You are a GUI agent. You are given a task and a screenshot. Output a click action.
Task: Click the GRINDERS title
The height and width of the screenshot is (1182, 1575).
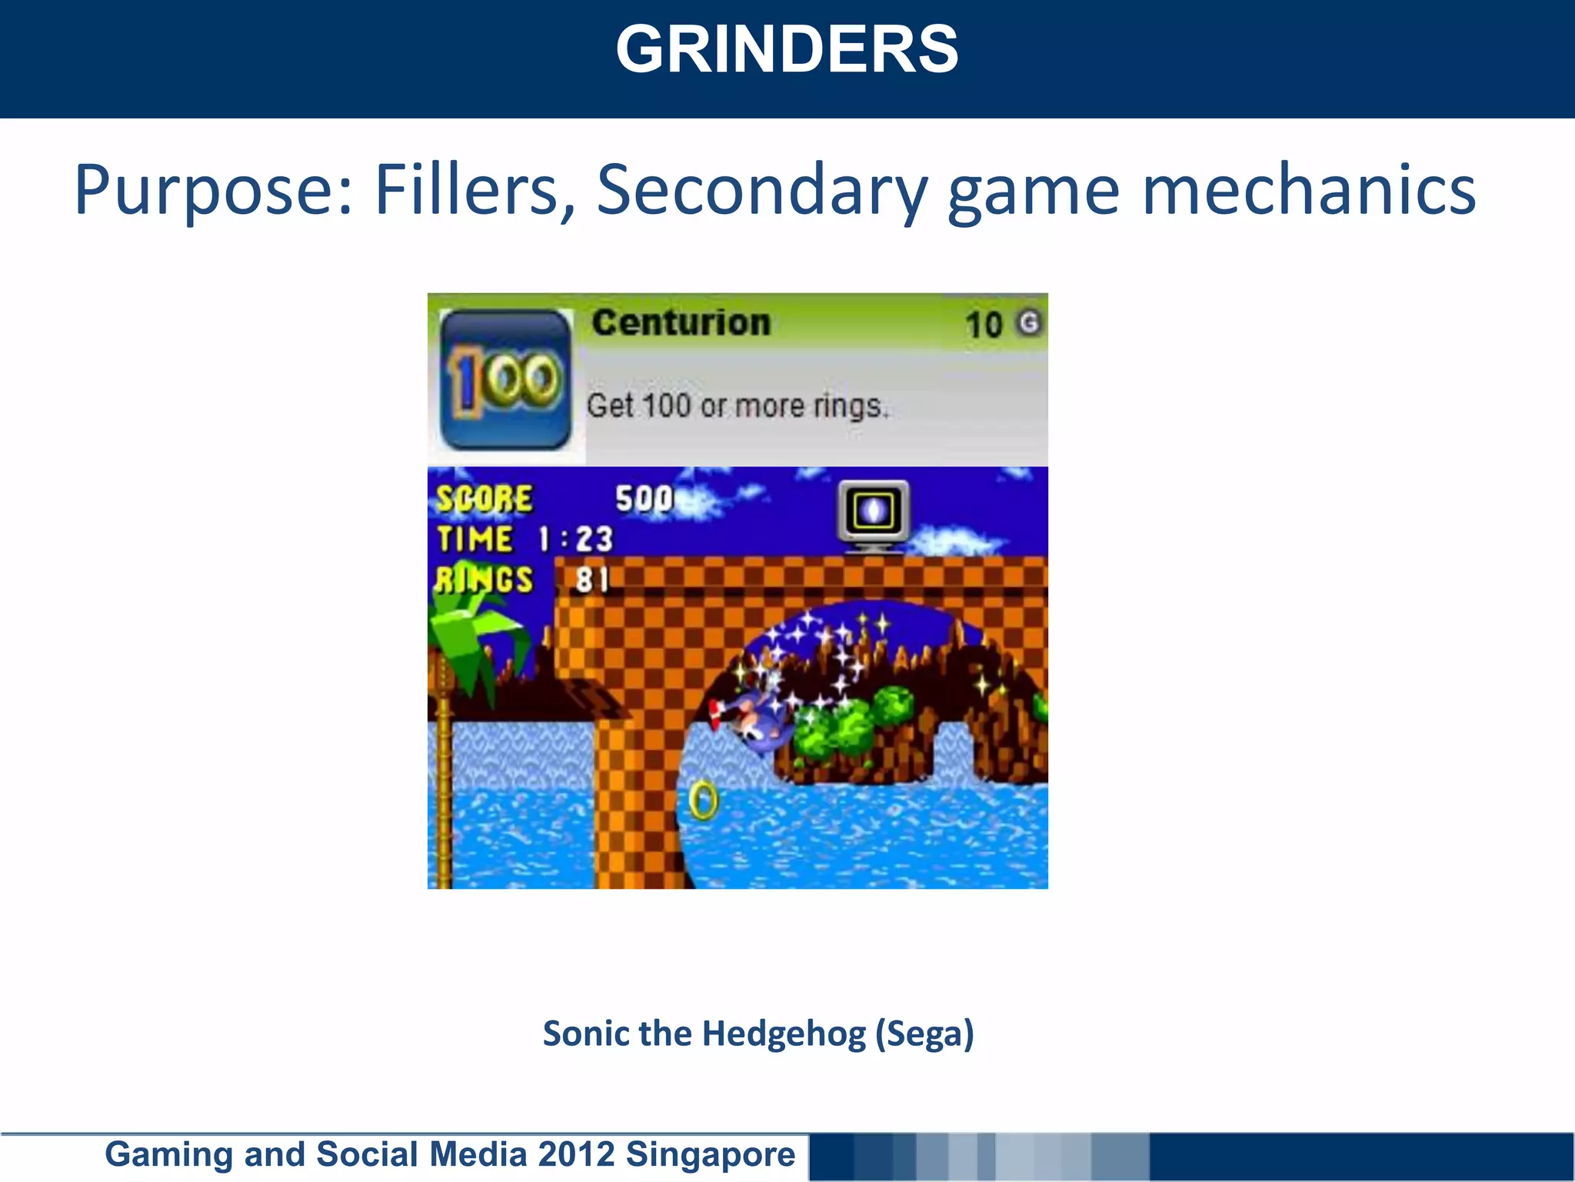(x=787, y=50)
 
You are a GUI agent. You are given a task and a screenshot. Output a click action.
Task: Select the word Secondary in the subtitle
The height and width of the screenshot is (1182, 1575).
(x=761, y=190)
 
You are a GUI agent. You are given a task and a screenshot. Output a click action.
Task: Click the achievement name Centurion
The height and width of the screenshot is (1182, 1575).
(x=681, y=322)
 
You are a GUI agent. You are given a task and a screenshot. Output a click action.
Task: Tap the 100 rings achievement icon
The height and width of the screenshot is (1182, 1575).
(x=505, y=379)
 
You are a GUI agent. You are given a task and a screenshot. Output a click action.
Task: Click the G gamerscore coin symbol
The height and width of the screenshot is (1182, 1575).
(x=1028, y=322)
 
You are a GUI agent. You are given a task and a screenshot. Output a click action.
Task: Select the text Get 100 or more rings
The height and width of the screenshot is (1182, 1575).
(x=737, y=406)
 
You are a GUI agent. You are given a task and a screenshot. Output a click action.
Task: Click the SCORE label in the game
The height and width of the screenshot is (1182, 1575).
(x=484, y=499)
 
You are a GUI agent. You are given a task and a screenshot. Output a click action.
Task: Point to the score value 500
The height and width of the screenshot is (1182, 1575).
(x=644, y=499)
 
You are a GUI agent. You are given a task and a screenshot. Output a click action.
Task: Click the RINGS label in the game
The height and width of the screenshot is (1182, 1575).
(x=484, y=579)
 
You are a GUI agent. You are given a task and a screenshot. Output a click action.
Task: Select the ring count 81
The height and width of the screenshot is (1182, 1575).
(x=592, y=579)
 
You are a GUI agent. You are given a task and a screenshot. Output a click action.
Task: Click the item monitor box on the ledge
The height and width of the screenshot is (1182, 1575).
(x=873, y=513)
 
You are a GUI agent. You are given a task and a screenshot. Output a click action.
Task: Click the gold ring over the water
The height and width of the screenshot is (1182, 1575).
(x=703, y=800)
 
